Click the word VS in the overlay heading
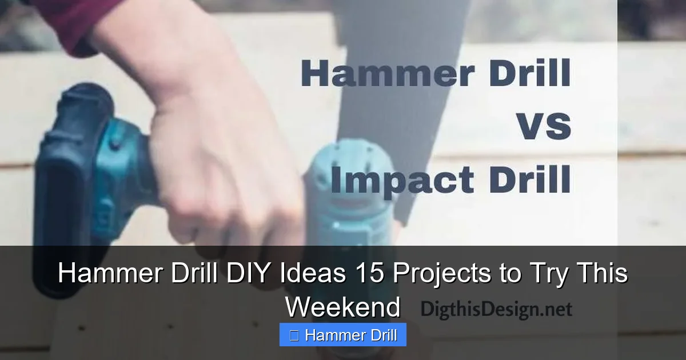[544, 126]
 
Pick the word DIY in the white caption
[249, 274]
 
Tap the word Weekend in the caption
[343, 307]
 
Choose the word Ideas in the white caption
[312, 274]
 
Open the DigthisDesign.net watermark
[496, 310]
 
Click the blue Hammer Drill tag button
[343, 335]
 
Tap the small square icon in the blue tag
[294, 335]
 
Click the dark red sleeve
[63, 20]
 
